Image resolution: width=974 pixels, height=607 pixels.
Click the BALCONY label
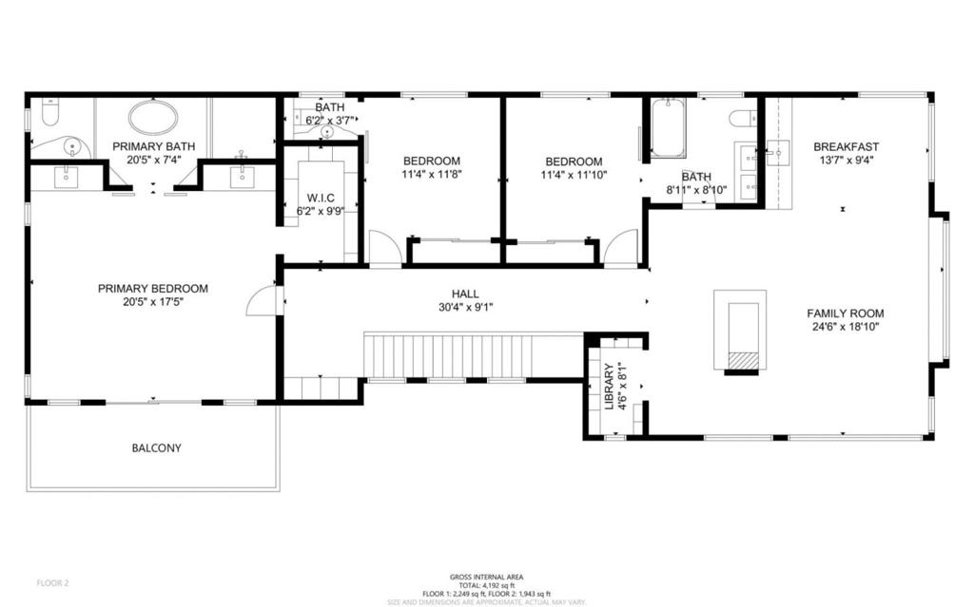point(157,447)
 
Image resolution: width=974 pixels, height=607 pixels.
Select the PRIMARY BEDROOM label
point(152,289)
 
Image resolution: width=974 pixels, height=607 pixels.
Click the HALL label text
point(465,294)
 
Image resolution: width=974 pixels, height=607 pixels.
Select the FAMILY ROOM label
point(846,313)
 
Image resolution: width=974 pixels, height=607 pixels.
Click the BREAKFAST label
point(846,146)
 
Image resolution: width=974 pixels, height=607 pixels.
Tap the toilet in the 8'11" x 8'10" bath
point(742,118)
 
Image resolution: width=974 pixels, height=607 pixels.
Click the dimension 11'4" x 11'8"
point(431,175)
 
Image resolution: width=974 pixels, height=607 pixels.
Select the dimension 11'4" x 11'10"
point(573,175)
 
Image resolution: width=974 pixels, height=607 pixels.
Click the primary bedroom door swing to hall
point(262,301)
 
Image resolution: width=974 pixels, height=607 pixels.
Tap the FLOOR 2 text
point(52,582)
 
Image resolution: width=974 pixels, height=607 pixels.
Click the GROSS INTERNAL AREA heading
point(486,577)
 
